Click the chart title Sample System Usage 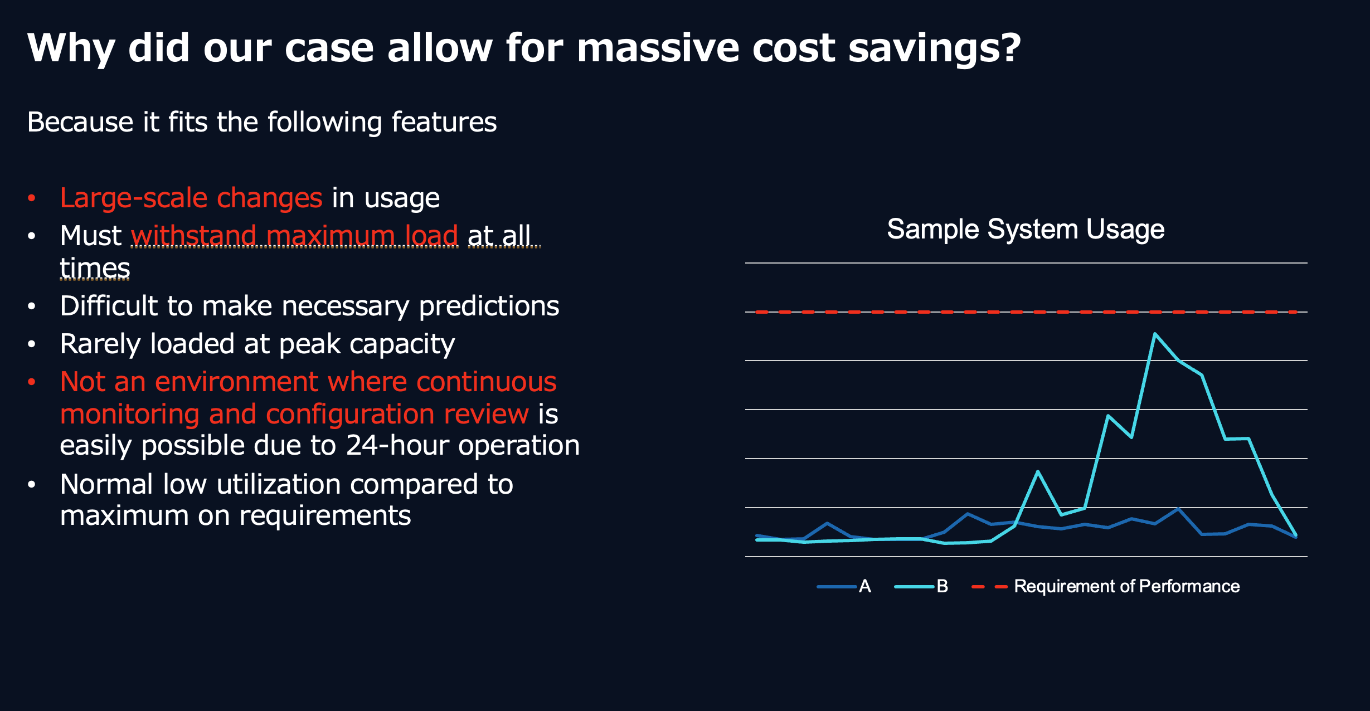[1026, 230]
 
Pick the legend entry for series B [921, 586]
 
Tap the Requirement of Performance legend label [1126, 586]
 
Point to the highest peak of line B [1155, 334]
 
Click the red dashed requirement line [1026, 312]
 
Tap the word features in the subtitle [444, 122]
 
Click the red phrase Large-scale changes [191, 198]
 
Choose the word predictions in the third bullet [489, 306]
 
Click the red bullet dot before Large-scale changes [32, 198]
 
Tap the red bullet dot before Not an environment [32, 382]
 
